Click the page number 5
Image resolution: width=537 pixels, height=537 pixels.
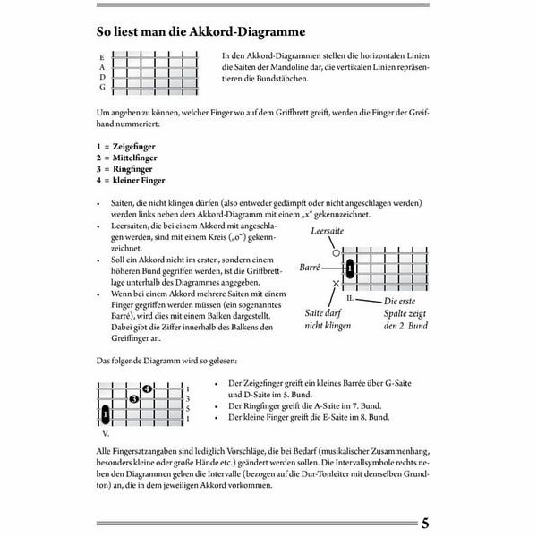coord(425,523)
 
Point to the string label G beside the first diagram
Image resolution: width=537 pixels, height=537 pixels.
coord(102,87)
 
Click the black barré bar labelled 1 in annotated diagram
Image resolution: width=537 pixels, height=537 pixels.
coord(350,268)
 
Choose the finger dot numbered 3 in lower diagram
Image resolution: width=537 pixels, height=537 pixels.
coord(133,398)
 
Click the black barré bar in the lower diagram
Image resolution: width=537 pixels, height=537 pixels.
coord(106,414)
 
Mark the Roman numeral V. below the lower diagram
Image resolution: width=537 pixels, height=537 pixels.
coord(106,432)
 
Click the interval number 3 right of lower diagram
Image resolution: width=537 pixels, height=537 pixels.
coord(187,398)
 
